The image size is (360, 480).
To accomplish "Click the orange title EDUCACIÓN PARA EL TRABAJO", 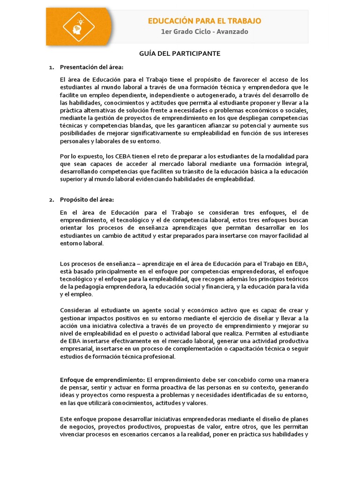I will (204, 21).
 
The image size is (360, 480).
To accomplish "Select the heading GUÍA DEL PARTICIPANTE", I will (180, 54).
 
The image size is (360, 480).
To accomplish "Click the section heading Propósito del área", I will (87, 200).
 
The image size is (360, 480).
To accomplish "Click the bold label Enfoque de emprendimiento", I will (103, 379).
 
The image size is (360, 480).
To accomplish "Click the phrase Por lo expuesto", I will (79, 156).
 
